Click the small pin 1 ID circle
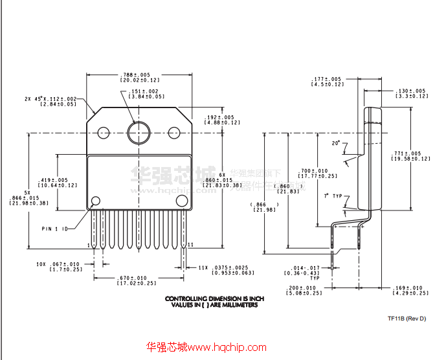pyautogui.click(x=96, y=201)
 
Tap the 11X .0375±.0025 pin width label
pyautogui.click(x=222, y=269)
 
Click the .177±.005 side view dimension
pyautogui.click(x=326, y=81)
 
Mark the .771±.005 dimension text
pyautogui.click(x=412, y=155)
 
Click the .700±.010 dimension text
pyautogui.click(x=317, y=172)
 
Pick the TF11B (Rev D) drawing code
pyautogui.click(x=407, y=318)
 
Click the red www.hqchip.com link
pyautogui.click(x=207, y=348)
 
